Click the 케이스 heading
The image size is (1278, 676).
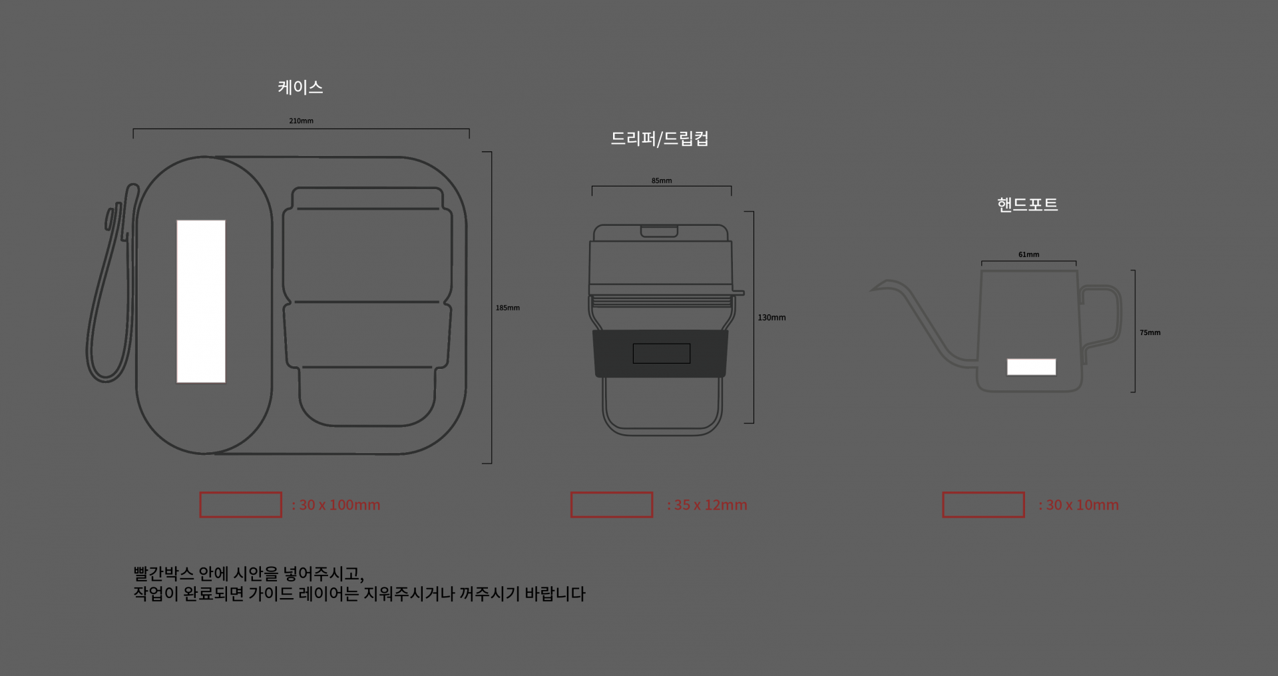pos(300,87)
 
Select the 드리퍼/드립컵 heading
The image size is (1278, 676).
pos(660,139)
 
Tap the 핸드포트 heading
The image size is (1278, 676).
pos(1027,204)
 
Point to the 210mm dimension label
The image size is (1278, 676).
pos(301,121)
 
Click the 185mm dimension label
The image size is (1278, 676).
pos(507,308)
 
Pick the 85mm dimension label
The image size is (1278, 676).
pos(661,180)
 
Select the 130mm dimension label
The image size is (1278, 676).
pos(771,318)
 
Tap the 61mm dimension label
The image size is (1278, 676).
pos(1028,254)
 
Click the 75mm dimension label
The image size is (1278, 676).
pos(1150,332)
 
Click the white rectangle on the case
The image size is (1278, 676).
pos(201,301)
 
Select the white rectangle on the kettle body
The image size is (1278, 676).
pos(1031,367)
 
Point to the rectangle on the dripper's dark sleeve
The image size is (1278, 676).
pos(661,353)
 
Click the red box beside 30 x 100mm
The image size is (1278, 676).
pos(240,505)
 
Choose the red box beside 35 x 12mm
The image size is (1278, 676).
pos(611,505)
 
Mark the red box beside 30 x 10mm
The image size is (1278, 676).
pos(983,505)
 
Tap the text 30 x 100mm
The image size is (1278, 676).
pos(339,505)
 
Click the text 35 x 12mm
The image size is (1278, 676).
pos(710,505)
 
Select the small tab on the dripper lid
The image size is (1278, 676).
pos(659,231)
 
